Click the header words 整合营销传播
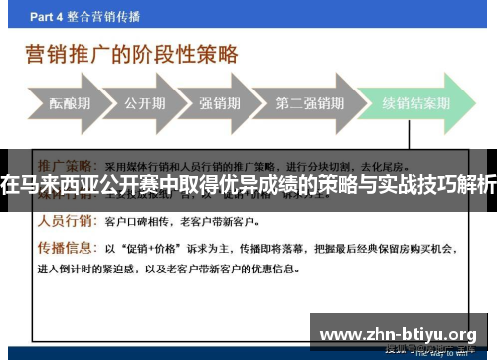click(x=112, y=16)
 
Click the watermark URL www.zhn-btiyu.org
click(x=402, y=334)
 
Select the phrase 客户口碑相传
click(x=137, y=221)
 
